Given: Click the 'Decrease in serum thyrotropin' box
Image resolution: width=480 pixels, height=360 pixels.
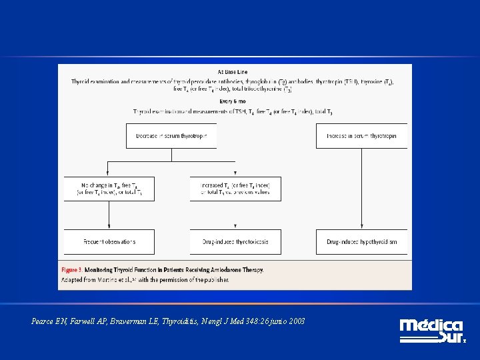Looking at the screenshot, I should [x=171, y=136].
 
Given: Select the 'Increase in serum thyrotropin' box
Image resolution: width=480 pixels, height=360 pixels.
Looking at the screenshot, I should [x=361, y=136].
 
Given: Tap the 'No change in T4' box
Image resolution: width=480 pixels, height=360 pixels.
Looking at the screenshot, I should [x=109, y=189].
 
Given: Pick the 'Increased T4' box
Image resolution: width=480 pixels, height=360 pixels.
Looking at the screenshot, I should [x=235, y=189].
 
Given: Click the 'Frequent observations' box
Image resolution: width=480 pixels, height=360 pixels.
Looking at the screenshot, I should [x=109, y=241].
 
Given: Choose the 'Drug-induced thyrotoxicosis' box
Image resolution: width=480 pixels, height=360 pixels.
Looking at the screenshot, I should [x=235, y=241].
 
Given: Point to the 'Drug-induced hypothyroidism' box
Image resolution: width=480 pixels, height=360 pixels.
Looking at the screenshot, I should [x=361, y=241].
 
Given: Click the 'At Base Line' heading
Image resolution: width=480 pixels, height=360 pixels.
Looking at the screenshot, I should [x=231, y=72].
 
